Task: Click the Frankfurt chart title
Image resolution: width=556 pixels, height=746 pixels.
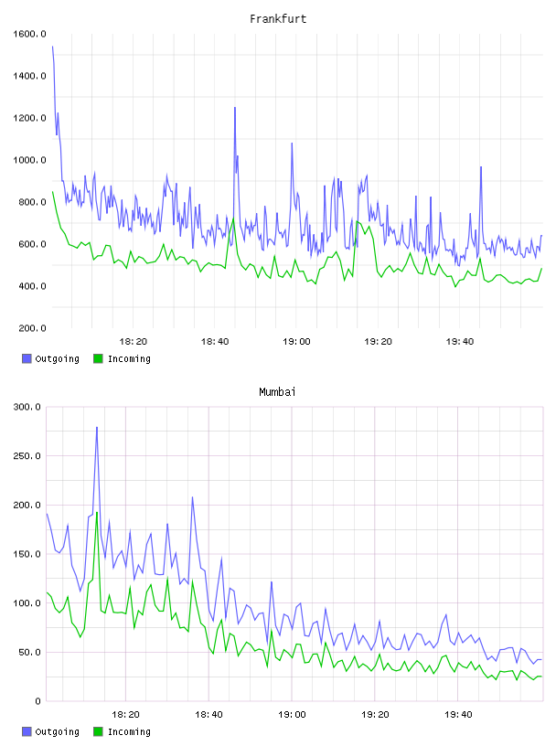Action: point(278,18)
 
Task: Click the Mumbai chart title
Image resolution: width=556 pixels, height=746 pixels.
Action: point(277,391)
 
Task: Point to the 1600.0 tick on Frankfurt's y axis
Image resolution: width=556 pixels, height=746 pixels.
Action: point(29,34)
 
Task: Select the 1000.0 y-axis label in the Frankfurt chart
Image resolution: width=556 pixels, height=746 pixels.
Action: point(29,160)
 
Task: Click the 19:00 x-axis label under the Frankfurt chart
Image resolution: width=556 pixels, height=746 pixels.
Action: point(296,342)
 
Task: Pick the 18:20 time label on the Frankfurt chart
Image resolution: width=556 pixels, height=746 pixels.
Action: point(133,342)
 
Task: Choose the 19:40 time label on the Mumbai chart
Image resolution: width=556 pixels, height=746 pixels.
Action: point(458,715)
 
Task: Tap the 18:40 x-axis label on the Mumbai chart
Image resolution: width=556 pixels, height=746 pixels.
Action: point(208,715)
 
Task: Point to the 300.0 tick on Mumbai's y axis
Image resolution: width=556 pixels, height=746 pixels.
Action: point(27,407)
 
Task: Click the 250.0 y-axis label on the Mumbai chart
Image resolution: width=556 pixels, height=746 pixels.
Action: point(27,456)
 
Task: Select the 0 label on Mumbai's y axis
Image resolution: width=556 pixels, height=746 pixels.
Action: point(37,701)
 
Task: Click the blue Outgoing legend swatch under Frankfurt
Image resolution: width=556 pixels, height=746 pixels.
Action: point(27,358)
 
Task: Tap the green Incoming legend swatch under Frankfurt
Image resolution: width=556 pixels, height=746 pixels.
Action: point(98,358)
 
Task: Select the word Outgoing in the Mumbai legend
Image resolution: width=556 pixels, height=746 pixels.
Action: point(57,731)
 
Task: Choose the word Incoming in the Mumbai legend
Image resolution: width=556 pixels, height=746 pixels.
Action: point(129,731)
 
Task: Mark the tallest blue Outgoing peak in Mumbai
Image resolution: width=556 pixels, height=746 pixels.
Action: point(97,427)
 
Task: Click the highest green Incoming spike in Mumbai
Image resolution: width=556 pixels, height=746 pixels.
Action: point(97,512)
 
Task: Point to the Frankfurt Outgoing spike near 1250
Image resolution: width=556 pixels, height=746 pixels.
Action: point(235,108)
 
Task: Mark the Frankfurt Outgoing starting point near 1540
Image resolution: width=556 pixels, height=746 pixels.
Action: point(52,47)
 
